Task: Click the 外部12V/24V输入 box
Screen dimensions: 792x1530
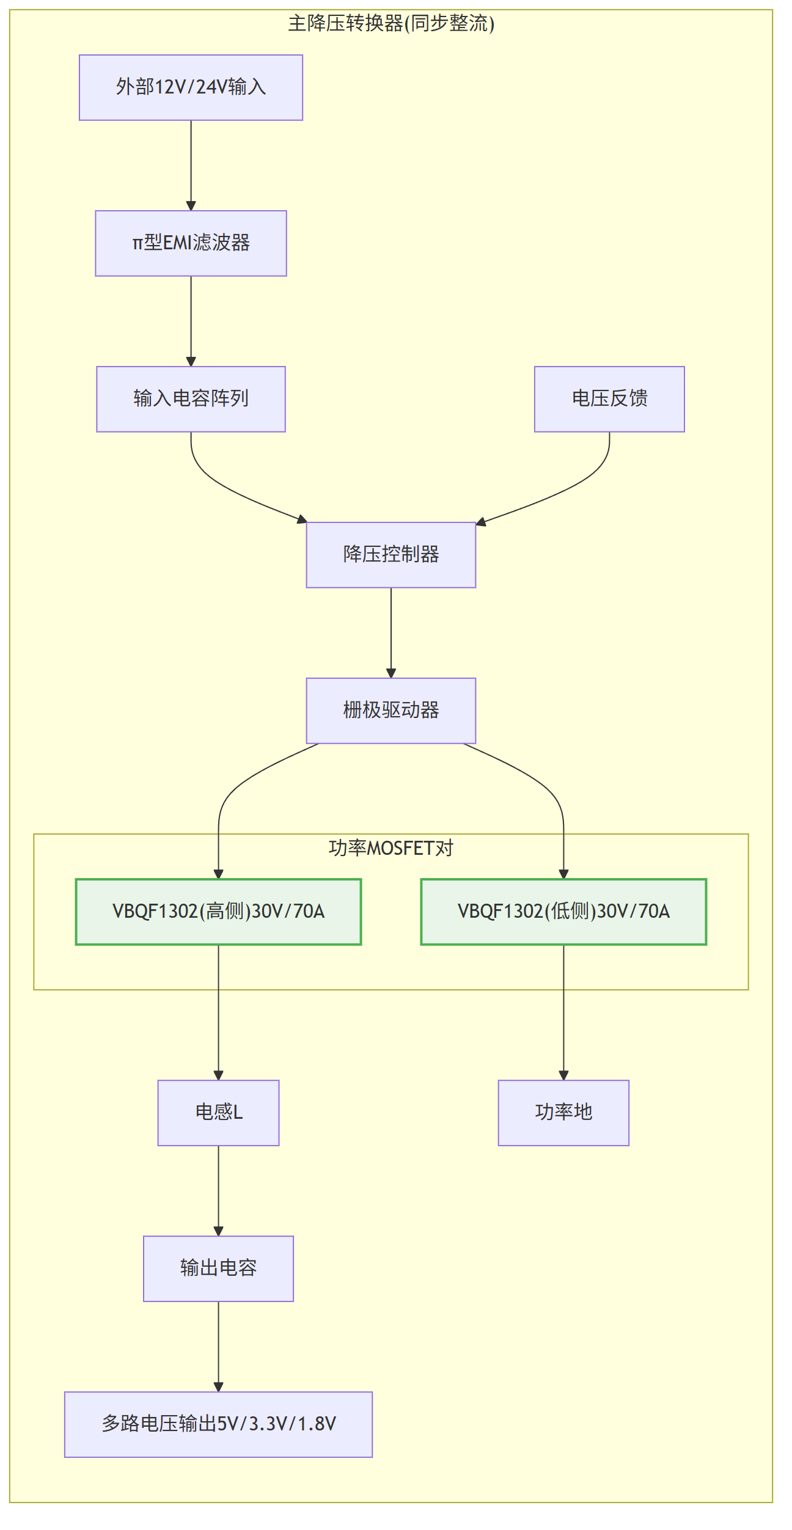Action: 191,87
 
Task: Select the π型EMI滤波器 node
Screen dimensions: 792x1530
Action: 191,243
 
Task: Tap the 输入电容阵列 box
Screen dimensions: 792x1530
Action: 191,399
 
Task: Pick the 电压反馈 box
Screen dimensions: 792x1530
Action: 609,399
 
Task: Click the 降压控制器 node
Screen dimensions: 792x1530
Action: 391,555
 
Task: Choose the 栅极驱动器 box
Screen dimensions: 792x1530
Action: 391,711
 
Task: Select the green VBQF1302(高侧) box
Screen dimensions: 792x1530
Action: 218,912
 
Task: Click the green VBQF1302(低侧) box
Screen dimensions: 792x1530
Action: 563,912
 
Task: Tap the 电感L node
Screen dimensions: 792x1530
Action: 218,1113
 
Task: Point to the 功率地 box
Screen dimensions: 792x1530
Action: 563,1113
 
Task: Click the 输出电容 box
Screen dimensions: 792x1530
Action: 218,1268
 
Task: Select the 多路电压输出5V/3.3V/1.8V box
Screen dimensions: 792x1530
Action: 218,1424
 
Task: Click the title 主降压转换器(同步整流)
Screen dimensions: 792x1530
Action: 391,23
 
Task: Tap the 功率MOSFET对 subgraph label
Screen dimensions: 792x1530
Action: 391,848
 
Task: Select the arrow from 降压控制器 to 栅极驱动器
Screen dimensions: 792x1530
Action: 391,633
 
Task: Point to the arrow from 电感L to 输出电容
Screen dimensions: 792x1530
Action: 218,1191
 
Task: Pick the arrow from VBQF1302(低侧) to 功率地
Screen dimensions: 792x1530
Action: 563,1012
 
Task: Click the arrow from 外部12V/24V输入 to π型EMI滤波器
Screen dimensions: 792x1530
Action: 191,166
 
